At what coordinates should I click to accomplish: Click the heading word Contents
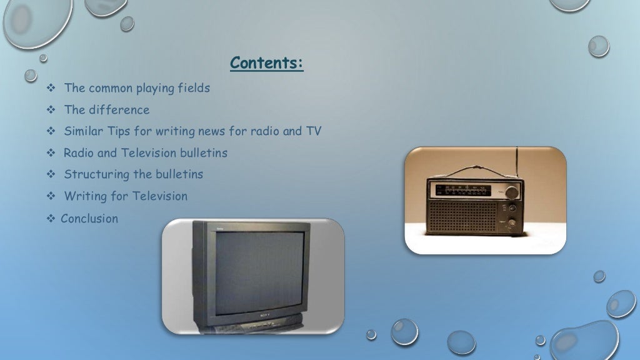[266, 64]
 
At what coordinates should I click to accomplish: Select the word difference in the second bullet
[119, 110]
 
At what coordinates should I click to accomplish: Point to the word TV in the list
[312, 131]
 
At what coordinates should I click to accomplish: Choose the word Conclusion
[89, 219]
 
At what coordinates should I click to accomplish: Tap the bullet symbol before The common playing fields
[51, 89]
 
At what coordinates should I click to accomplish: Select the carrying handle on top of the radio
[478, 169]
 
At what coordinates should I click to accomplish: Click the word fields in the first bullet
[194, 88]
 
